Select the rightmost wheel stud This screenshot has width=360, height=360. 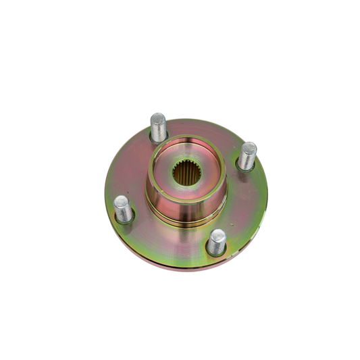[249, 155]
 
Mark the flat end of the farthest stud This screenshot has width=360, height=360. [158, 118]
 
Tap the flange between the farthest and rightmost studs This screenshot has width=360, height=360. [216, 135]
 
